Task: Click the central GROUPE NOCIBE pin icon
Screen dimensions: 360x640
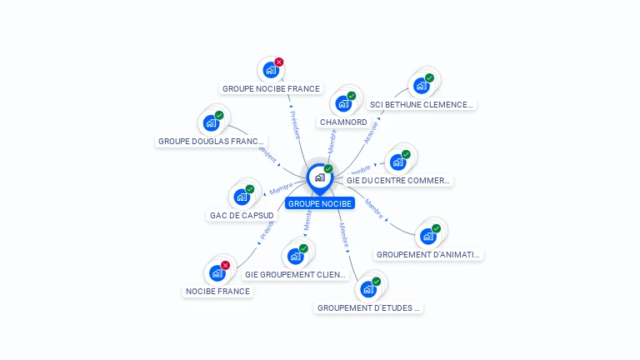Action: pos(319,177)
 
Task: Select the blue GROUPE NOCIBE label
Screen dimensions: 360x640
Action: pos(320,203)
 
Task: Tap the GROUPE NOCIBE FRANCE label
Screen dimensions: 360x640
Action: pos(271,88)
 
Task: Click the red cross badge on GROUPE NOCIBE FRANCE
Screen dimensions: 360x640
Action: pos(279,62)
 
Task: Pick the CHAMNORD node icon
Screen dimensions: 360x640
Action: pos(342,104)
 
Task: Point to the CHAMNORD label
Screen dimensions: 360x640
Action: pos(343,122)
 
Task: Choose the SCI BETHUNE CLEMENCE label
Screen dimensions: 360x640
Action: pos(422,105)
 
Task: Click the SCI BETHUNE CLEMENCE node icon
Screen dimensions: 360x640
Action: pos(421,86)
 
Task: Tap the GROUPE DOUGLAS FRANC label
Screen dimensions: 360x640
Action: pos(212,142)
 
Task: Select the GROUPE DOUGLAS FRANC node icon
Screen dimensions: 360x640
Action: pos(211,123)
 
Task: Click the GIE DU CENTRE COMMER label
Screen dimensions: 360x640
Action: pos(398,180)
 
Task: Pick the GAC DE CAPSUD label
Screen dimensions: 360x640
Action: pos(242,215)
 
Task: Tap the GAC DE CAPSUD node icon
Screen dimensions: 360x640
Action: pos(242,197)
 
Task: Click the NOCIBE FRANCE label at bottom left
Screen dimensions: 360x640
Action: pos(217,292)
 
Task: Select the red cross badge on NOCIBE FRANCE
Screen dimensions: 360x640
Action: pos(225,265)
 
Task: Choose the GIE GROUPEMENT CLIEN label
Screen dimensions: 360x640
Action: pos(295,274)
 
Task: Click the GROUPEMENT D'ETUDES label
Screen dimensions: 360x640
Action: pos(368,307)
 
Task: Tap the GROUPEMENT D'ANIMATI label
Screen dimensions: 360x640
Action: pos(428,254)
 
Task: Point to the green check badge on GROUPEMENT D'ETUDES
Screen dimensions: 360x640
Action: pos(376,282)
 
